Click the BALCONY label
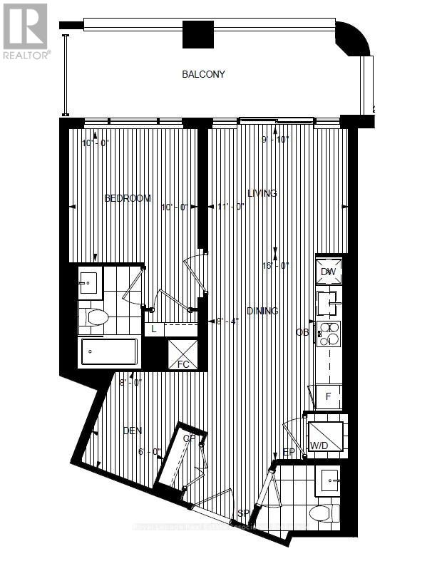203,74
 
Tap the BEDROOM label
128,198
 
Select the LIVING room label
262,193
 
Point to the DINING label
262,311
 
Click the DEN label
133,431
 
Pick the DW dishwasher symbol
329,272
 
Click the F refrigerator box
329,397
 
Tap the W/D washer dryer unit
325,436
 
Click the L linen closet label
154,329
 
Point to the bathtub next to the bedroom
110,351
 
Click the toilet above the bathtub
93,317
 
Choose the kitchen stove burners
331,334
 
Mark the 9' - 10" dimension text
275,139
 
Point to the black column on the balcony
198,35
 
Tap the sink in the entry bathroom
329,480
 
